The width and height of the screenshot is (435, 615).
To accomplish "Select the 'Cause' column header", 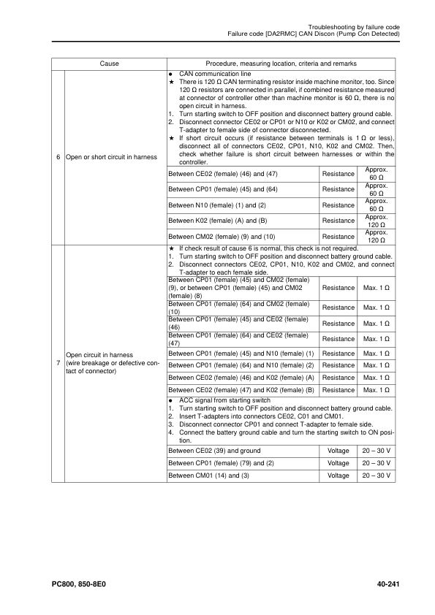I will pyautogui.click(x=109, y=64).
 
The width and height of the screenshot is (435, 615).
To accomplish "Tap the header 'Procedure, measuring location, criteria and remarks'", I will pyautogui.click(x=281, y=64).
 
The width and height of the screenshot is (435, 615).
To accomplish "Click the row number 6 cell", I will pyautogui.click(x=58, y=158).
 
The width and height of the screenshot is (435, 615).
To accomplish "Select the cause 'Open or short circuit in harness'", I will pyautogui.click(x=107, y=158).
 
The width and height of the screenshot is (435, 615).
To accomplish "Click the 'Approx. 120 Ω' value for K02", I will pyautogui.click(x=377, y=221).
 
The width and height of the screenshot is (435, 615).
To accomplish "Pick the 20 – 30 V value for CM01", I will pyautogui.click(x=377, y=476).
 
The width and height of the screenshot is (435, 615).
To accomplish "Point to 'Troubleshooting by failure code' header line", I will pyautogui.click(x=349, y=26).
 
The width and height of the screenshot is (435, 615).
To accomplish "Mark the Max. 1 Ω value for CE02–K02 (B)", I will pyautogui.click(x=377, y=390).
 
